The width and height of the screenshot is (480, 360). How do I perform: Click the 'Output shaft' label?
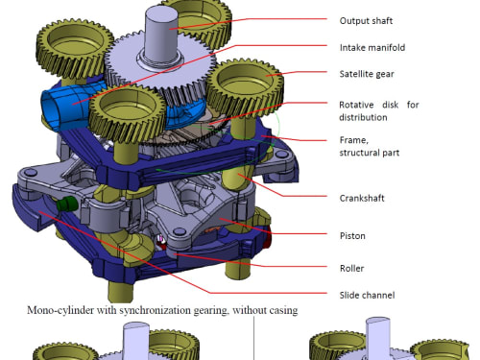point(366,21)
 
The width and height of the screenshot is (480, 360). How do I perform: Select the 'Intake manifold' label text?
point(372,48)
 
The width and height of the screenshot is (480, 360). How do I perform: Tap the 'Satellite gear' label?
point(367,74)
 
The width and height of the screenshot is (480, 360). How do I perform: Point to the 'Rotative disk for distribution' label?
point(379,111)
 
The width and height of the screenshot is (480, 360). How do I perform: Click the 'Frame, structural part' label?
point(370,146)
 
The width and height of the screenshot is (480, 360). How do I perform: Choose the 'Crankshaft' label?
point(362,198)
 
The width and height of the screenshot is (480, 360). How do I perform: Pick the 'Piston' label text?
point(352,236)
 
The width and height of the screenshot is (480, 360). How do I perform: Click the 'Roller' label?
point(351,268)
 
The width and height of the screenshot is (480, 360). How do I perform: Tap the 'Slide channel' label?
point(367,295)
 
